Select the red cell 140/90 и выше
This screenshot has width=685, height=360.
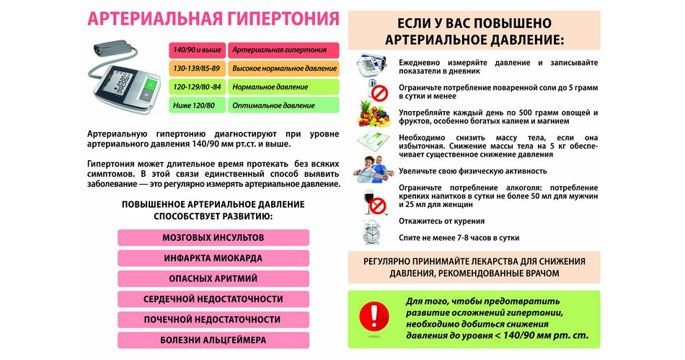pyautogui.click(x=197, y=51)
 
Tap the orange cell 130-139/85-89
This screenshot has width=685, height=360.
pyautogui.click(x=197, y=69)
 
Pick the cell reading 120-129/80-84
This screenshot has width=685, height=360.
pyautogui.click(x=197, y=87)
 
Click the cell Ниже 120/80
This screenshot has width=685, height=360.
pyautogui.click(x=197, y=105)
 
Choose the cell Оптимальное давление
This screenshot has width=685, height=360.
pyautogui.click(x=283, y=105)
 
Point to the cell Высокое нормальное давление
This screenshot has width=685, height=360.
pyautogui.click(x=283, y=69)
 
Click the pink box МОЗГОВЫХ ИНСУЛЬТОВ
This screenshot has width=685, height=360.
pyautogui.click(x=213, y=237)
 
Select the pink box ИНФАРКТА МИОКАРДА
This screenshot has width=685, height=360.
pyautogui.click(x=213, y=258)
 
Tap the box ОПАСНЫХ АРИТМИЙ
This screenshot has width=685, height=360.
pyautogui.click(x=213, y=278)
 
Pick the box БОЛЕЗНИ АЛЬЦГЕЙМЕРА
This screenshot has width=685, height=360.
pyautogui.click(x=213, y=340)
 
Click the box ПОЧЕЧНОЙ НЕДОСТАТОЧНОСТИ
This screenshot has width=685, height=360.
pyautogui.click(x=213, y=320)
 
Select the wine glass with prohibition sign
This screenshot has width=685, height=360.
pyautogui.click(x=374, y=203)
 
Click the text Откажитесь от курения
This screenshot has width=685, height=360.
pyautogui.click(x=441, y=221)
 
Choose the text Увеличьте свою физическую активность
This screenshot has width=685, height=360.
pyautogui.click(x=472, y=171)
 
